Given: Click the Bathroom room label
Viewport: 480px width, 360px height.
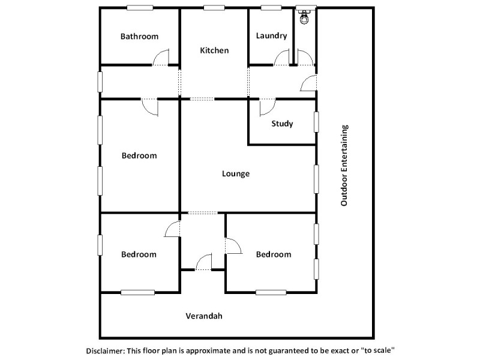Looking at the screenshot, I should (x=139, y=36).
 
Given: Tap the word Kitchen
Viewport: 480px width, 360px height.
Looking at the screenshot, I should (x=214, y=50).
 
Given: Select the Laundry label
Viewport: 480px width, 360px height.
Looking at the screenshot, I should (x=271, y=36).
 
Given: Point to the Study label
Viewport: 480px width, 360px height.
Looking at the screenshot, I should (x=282, y=124).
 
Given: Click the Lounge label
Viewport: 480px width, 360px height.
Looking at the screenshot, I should (x=235, y=174).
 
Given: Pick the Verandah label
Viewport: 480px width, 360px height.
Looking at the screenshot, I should (x=203, y=316).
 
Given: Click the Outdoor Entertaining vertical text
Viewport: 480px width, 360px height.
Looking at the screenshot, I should (x=344, y=165).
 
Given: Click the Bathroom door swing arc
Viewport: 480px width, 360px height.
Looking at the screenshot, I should (x=161, y=58).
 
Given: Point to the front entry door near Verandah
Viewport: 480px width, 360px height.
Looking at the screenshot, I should (x=204, y=262).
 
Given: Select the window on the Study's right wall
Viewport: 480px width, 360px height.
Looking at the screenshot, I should (x=316, y=122).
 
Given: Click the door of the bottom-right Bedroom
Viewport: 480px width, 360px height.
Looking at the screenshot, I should (x=233, y=246).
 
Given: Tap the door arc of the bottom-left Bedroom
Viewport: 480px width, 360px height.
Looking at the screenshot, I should (x=173, y=229).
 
